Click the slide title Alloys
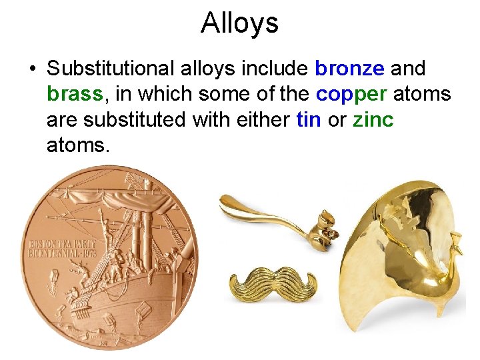click(x=239, y=23)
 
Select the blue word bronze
click(x=349, y=69)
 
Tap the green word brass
click(x=75, y=94)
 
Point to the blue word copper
click(x=351, y=94)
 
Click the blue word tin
click(x=308, y=119)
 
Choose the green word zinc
click(x=373, y=119)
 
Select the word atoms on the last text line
click(x=77, y=145)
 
